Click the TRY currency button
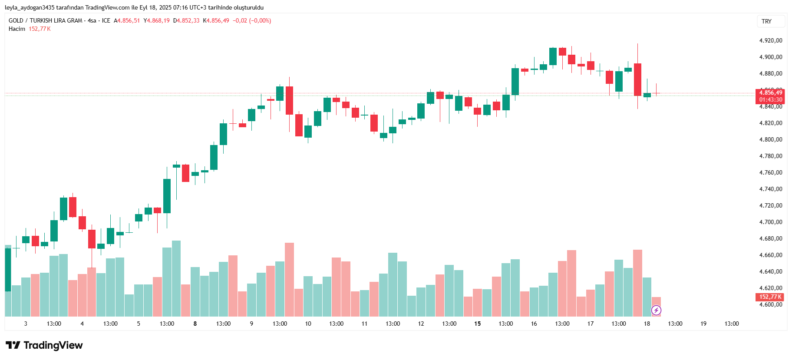[767, 21]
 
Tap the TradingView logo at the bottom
[44, 345]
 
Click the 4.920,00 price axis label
[770, 40]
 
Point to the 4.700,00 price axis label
[770, 222]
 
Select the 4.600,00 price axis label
[770, 304]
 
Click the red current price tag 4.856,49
[770, 92]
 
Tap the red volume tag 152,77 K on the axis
[770, 297]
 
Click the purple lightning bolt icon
[656, 310]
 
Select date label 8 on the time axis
[195, 324]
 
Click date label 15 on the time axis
[477, 324]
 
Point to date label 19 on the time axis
[703, 324]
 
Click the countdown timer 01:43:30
[770, 100]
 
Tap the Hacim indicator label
[17, 29]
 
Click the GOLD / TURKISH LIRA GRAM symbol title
[45, 20]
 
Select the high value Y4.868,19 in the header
[157, 20]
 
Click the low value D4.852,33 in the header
[186, 20]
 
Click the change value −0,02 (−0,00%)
[252, 20]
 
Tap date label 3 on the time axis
[26, 324]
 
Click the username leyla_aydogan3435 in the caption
[30, 7]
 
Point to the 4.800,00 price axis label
[770, 139]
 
